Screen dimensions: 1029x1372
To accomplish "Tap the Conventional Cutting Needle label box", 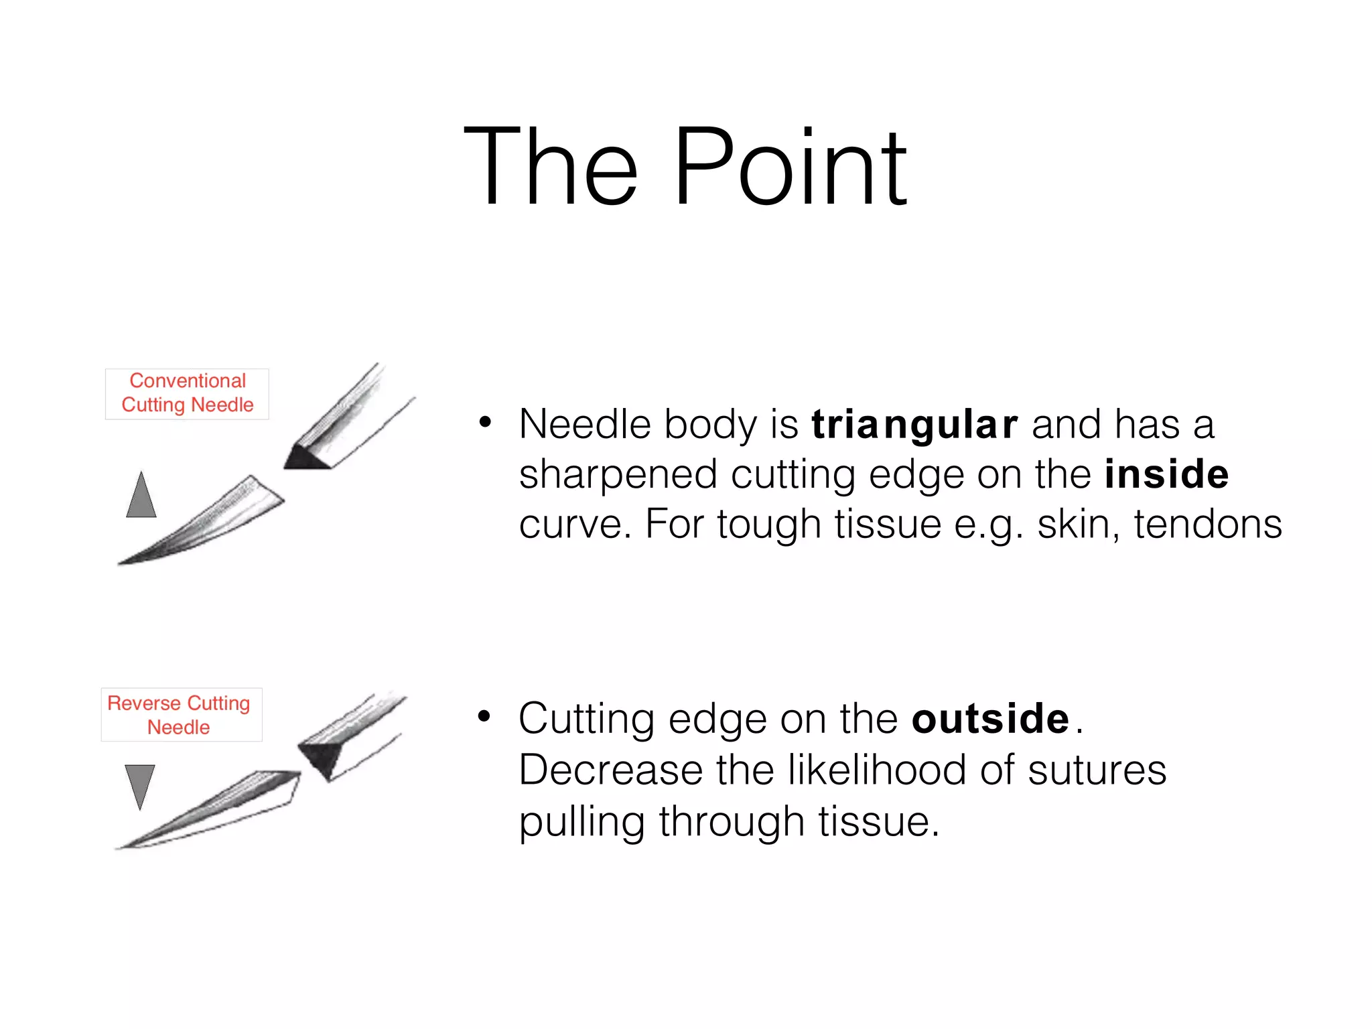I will click(x=187, y=393).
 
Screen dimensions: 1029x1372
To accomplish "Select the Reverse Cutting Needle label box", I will click(x=181, y=714).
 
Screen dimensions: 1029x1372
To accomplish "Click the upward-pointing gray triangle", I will click(x=141, y=496).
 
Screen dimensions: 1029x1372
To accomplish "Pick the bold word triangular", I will click(x=914, y=424).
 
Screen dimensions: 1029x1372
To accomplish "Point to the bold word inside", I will click(x=1166, y=474).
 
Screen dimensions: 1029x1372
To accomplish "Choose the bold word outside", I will click(x=990, y=719).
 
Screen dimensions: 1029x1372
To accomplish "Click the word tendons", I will click(x=1207, y=524).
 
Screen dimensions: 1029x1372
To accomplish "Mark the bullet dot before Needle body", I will click(x=485, y=423).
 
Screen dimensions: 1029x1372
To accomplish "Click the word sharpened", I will click(x=618, y=474).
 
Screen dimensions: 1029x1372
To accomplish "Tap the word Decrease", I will click(x=610, y=770).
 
